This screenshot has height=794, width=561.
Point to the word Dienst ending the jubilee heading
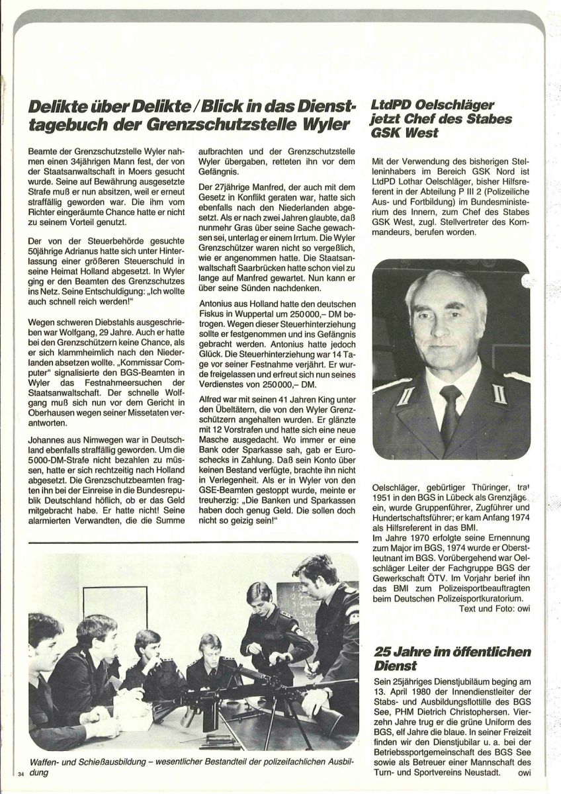coord(394,665)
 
